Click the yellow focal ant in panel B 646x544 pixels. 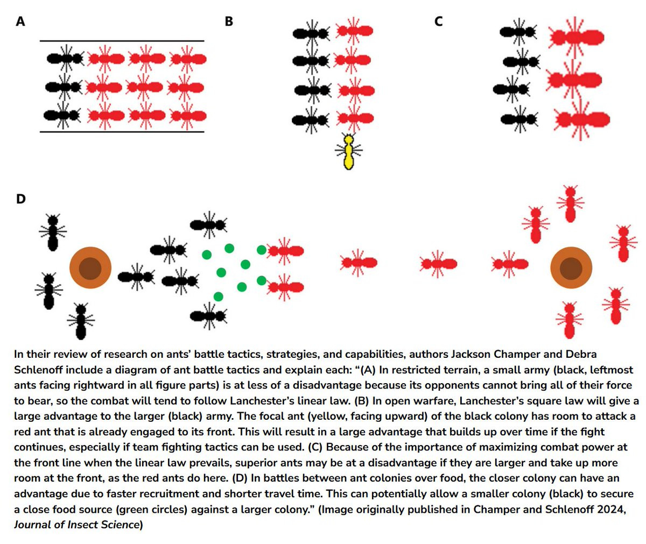[349, 151]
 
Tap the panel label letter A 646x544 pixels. [20, 22]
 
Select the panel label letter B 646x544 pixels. [229, 22]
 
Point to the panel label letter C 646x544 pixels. [438, 22]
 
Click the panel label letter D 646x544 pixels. [21, 199]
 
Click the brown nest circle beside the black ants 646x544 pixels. [90, 268]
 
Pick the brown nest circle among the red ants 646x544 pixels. [571, 268]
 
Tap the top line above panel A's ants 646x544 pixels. [122, 41]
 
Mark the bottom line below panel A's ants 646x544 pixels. [122, 132]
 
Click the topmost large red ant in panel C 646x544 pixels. [576, 38]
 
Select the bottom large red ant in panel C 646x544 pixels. [581, 119]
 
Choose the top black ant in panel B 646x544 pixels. [311, 33]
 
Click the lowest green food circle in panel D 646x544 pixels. [219, 296]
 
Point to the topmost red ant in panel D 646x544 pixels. [570, 204]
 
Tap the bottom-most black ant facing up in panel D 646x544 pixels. [81, 321]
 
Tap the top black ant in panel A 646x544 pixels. [65, 58]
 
